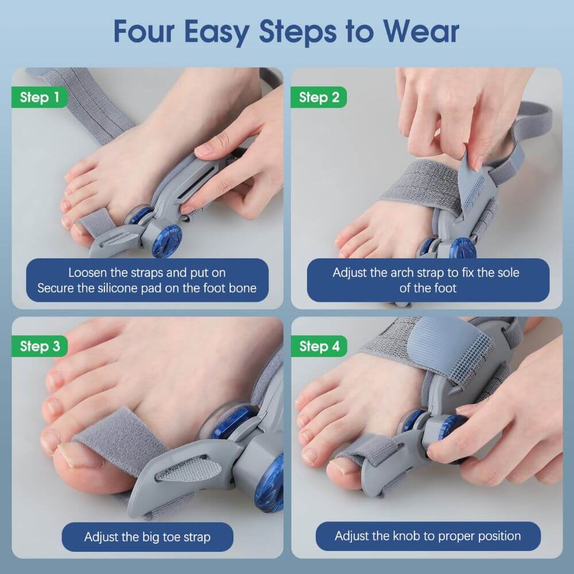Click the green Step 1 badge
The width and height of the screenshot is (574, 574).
coord(39,97)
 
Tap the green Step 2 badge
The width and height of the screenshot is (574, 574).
coord(319,97)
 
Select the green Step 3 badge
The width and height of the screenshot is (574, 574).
coord(39,346)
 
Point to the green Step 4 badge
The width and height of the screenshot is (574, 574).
coord(319,346)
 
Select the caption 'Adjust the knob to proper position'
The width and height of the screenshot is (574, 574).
coord(428,536)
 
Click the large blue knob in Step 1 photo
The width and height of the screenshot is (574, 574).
coord(166,240)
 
